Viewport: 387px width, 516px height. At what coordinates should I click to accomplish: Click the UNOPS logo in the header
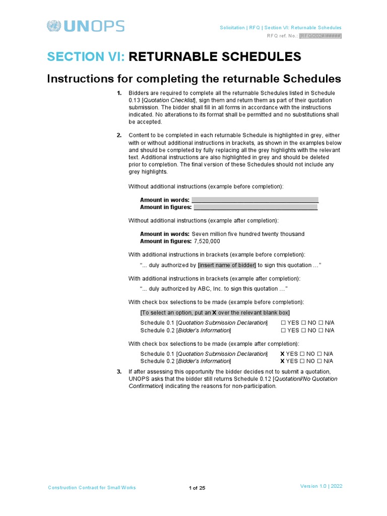tap(85, 26)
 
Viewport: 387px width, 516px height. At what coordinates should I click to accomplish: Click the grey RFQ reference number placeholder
tap(320, 36)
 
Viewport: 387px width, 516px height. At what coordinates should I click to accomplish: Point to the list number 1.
tap(119, 93)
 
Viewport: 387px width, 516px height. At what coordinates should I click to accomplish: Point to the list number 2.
tap(119, 136)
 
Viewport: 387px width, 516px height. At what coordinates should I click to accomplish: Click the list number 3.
tap(119, 372)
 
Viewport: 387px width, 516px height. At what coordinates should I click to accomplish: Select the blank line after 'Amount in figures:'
tap(255, 207)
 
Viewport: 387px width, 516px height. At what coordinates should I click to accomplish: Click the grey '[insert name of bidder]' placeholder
tap(227, 265)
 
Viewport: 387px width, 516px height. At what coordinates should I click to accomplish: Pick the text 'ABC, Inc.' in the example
tap(210, 289)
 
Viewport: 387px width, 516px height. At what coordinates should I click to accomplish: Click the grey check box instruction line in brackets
tap(215, 313)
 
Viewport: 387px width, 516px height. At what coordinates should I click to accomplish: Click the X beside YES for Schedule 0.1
tap(282, 354)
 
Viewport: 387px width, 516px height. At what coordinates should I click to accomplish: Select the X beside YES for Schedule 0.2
tap(282, 361)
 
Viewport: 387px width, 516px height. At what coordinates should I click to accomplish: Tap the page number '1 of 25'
tap(197, 488)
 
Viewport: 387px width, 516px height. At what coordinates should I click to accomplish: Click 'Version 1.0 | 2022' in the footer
tap(321, 486)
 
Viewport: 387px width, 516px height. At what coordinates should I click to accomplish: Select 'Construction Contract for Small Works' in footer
tap(92, 488)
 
